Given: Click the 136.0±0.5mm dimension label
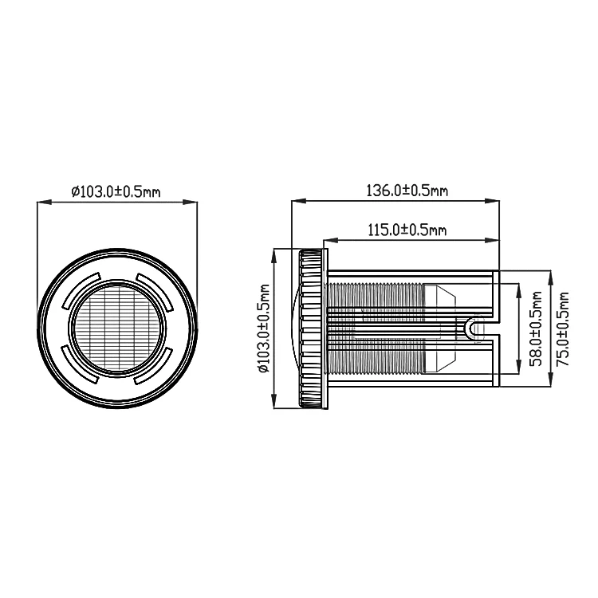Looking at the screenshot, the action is (407, 190).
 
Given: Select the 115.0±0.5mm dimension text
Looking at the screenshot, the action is (407, 230).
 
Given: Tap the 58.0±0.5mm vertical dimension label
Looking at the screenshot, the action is (536, 329).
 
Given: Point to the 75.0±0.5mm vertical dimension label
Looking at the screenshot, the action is (562, 329).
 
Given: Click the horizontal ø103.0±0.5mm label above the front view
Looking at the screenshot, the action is (116, 191).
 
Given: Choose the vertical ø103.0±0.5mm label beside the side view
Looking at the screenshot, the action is (264, 328).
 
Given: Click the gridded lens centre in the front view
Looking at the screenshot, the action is (116, 329).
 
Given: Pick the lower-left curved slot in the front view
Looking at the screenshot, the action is (78, 367).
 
